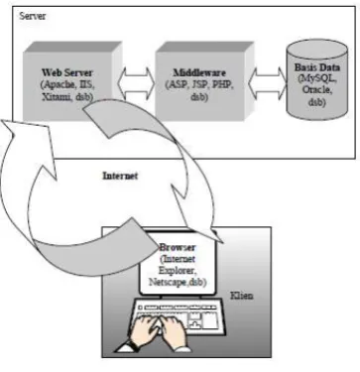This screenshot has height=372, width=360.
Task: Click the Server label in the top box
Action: coord(33,16)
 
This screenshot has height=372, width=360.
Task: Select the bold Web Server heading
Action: coord(67,72)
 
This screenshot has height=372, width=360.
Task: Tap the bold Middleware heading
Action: coord(199,72)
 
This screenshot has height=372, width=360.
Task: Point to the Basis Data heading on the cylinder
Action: coord(317,67)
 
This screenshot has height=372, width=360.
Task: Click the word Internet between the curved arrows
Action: coord(120,176)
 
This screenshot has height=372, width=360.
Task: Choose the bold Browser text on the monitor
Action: coord(178,247)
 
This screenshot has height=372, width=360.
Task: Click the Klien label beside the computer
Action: coord(242,296)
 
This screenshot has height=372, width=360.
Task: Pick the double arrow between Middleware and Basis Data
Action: coord(268,82)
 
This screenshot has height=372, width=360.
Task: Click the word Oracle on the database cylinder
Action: coord(315,90)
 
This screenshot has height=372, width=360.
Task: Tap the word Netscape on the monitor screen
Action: coord(168,282)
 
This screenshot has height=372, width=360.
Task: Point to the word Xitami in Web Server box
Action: coord(58,97)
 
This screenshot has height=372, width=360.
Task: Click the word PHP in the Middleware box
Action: coord(222,84)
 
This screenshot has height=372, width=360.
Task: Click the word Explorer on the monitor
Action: coord(178,270)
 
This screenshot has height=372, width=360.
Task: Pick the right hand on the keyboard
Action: coord(174,331)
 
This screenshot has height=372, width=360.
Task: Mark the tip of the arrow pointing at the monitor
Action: coord(223,243)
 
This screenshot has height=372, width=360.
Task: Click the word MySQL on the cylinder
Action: coord(317,79)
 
